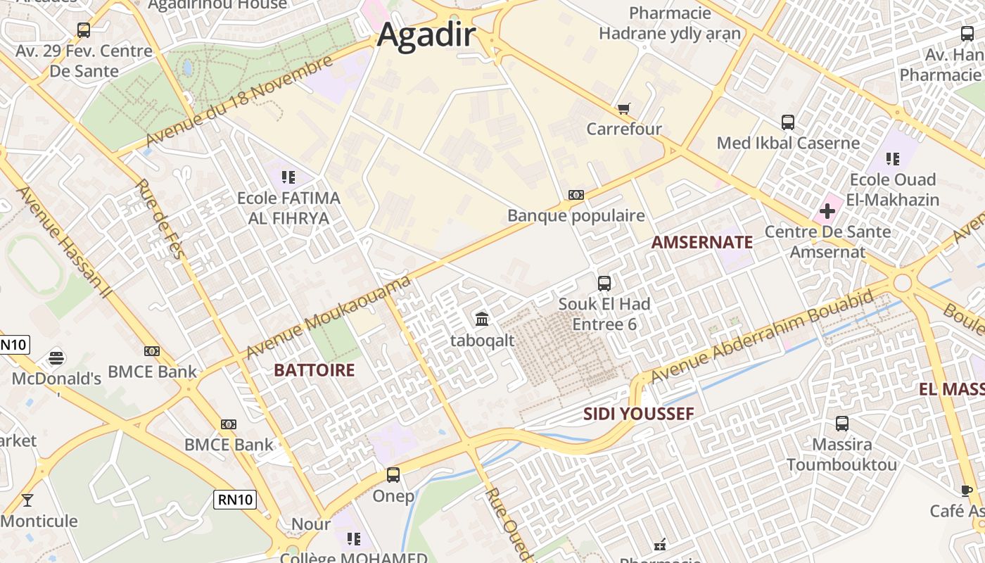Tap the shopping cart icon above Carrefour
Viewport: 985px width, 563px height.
(623, 108)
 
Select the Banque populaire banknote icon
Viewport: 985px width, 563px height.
(576, 195)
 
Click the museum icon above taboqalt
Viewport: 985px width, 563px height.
(482, 320)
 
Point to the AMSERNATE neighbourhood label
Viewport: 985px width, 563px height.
(701, 243)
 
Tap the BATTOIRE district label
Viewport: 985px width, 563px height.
(314, 370)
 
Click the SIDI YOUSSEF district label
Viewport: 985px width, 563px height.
(638, 414)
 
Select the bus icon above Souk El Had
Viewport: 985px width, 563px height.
(604, 284)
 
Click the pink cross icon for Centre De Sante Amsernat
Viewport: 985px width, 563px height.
(827, 210)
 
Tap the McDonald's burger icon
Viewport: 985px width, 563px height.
(56, 358)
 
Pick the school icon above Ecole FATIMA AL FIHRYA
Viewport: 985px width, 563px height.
(288, 177)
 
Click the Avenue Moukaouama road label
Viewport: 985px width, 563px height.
(327, 317)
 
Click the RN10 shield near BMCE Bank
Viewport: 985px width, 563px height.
(235, 500)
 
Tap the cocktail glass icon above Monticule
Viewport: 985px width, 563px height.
(27, 500)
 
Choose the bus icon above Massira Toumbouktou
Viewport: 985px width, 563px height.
(841, 424)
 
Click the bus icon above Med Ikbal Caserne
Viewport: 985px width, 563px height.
(787, 122)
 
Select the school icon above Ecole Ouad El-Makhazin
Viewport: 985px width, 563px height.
(893, 159)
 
